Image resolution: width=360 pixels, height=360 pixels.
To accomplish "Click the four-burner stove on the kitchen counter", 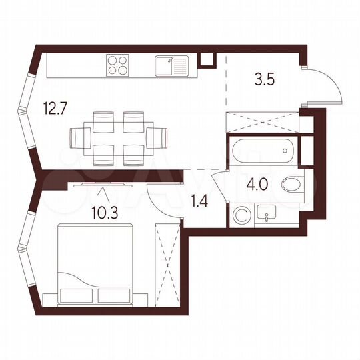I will (119, 66).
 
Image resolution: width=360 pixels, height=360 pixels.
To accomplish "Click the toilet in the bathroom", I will (291, 184).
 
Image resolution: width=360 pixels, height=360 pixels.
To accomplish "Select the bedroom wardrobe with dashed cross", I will (167, 267).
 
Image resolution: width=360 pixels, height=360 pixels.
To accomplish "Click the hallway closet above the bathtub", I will (261, 123).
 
